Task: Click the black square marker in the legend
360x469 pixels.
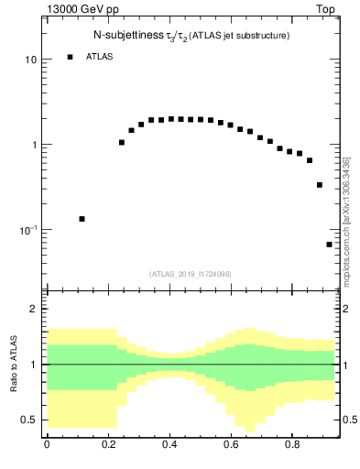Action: point(70,57)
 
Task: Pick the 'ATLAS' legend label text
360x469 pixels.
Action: point(100,57)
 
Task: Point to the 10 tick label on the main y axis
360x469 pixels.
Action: point(30,60)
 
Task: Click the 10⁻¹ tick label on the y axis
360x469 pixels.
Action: point(27,229)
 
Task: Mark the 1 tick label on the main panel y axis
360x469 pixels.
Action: point(33,145)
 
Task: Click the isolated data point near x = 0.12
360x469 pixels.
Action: point(82,219)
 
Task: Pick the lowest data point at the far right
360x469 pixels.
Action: point(330,245)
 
